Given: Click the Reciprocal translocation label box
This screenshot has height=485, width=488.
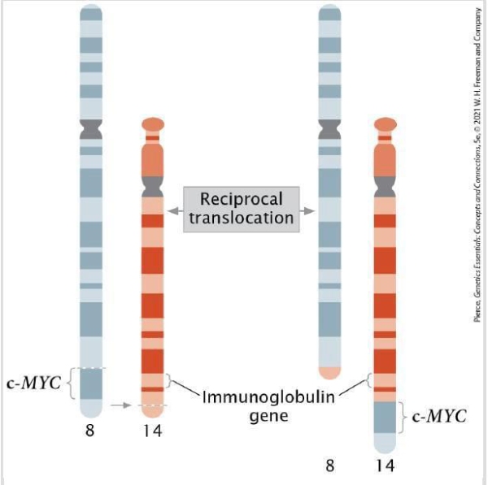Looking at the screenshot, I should tap(240, 209).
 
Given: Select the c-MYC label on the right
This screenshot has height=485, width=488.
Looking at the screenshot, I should tap(439, 417).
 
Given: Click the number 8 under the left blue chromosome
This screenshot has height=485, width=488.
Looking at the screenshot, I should tap(90, 431).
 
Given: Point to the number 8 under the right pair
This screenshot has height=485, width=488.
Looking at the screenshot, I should tap(330, 466).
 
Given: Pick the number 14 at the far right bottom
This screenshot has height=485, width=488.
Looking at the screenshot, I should tap(385, 466).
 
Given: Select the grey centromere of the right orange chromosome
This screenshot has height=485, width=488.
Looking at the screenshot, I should tap(385, 187).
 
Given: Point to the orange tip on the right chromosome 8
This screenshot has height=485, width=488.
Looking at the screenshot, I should tap(329, 373).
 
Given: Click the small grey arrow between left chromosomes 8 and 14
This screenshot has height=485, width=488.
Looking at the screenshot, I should tap(121, 404).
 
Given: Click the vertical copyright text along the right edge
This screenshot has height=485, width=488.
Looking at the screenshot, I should tap(475, 162).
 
